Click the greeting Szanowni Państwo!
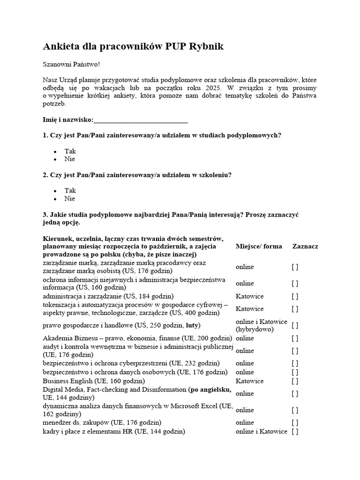tap(71, 64)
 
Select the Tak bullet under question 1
tap(70, 151)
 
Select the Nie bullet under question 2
tap(69, 198)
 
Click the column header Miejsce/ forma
tap(259, 246)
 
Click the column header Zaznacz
tap(305, 246)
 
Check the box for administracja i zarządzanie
tap(295, 296)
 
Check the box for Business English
tap(295, 381)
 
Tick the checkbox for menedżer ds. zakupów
tap(295, 423)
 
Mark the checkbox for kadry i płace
tap(295, 432)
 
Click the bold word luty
tap(192, 325)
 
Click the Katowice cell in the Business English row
tap(249, 381)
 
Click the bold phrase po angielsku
tap(210, 390)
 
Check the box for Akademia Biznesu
tap(295, 338)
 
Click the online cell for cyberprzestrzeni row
tap(245, 363)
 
